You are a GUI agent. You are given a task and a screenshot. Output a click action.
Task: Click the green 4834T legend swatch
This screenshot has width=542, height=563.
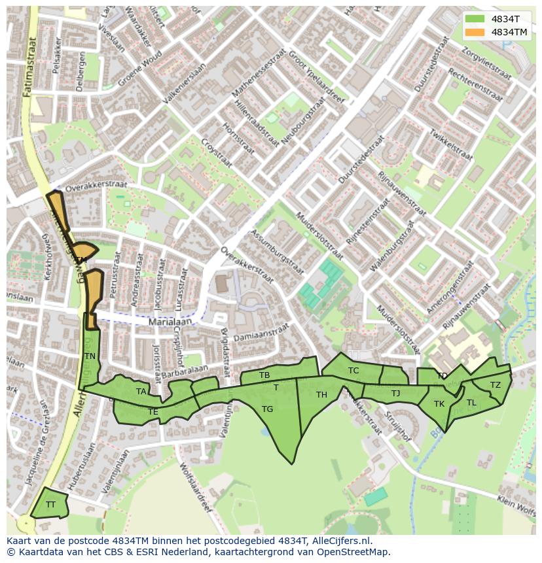[x=476, y=19]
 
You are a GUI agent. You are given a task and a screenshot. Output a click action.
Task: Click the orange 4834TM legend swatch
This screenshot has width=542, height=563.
[x=476, y=32]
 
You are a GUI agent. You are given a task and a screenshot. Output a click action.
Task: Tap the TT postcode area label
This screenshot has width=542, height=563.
[x=50, y=504]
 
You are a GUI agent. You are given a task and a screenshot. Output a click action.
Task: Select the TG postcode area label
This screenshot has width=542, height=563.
[x=267, y=409]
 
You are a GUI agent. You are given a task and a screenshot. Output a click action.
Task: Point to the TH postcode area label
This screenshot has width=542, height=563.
[x=321, y=395]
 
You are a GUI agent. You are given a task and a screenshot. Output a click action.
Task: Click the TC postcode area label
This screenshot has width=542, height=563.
[x=353, y=371]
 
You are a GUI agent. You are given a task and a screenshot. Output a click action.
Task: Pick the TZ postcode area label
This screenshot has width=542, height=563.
[x=496, y=385]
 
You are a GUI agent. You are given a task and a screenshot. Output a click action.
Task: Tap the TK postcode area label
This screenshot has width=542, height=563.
[x=439, y=404]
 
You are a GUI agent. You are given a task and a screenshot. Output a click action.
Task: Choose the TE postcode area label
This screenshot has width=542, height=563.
[x=153, y=412]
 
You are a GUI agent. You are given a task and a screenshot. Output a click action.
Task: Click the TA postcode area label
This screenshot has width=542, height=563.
[x=141, y=392]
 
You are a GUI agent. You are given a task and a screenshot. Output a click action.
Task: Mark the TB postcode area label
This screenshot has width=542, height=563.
[x=264, y=375]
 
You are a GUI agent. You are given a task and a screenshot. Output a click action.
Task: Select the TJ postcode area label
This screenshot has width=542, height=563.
[x=395, y=394]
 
